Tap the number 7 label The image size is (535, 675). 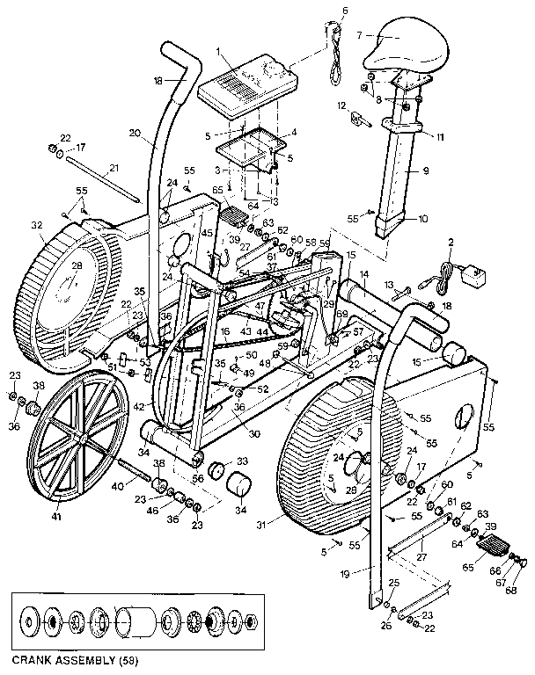point(360,35)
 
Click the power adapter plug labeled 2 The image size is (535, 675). point(475,280)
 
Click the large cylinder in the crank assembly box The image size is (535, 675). point(135,623)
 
